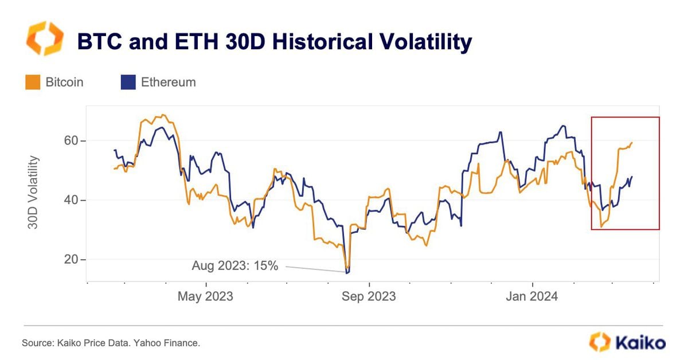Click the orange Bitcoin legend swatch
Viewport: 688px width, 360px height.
pos(32,82)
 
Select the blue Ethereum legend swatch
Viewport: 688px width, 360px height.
pos(127,82)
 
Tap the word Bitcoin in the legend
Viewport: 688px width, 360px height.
pos(64,82)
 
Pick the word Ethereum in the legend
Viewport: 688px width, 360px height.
pos(168,82)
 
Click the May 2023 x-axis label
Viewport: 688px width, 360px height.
pos(205,296)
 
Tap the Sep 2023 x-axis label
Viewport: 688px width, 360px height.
pos(369,296)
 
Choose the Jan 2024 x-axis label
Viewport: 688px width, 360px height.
pos(533,296)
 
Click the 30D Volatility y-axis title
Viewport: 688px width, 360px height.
pos(34,192)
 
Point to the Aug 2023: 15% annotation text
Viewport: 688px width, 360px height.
pos(234,265)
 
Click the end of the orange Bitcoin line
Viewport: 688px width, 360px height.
pos(632,143)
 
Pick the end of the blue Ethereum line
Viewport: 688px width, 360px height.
pos(632,177)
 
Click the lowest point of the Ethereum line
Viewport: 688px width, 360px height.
pos(347,273)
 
